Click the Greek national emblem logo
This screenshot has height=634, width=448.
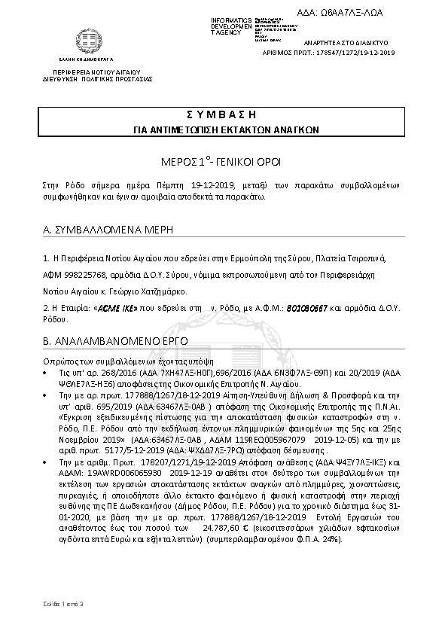(81, 39)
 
